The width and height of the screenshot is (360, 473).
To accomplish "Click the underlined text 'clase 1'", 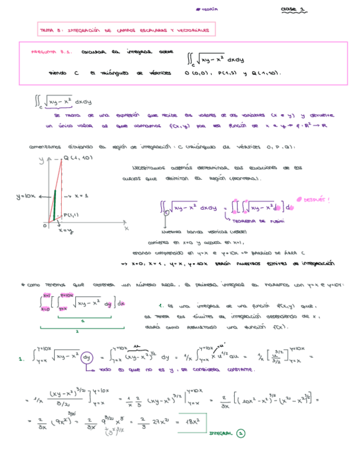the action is [x=293, y=9].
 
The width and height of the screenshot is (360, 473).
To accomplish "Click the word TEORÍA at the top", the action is [x=208, y=9].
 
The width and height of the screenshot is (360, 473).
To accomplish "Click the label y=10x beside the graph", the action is [x=26, y=196].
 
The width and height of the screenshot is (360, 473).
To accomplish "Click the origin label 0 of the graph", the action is [x=45, y=226].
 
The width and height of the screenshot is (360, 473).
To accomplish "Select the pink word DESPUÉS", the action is [x=316, y=199].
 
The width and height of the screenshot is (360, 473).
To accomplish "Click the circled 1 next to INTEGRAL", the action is [x=240, y=433].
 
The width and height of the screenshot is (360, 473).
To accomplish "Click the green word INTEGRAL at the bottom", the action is [x=221, y=433].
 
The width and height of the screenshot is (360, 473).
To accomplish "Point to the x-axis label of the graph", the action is [x=126, y=228].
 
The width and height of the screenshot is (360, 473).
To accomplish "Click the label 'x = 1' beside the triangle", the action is [x=79, y=197].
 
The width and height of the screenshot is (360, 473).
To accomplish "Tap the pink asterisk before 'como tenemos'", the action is [x=21, y=285].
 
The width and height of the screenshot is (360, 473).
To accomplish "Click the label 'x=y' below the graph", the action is [x=65, y=231].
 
